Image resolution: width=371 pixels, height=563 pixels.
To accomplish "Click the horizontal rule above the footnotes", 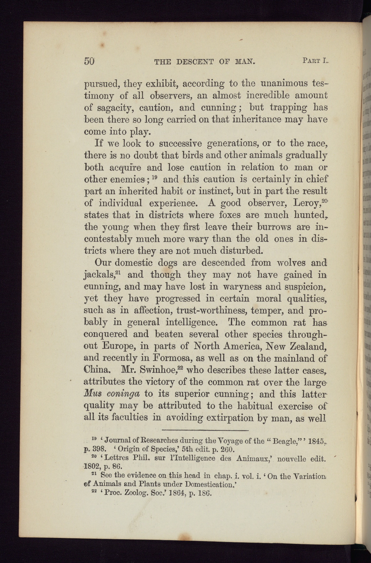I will (x=205, y=430).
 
